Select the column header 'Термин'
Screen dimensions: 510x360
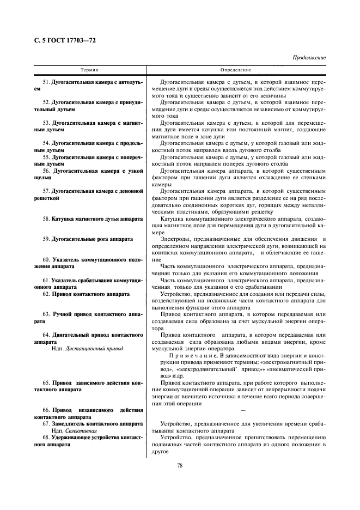90,70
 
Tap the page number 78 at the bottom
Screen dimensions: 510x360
180,465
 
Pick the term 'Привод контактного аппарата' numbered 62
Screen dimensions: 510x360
90,294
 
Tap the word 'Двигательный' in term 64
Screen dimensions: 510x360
74,335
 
